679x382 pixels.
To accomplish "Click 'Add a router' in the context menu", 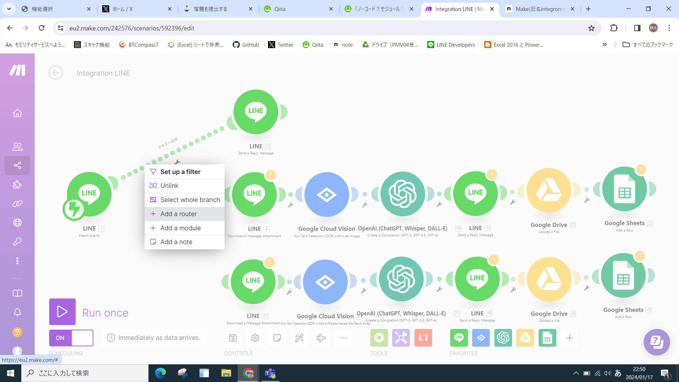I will pyautogui.click(x=179, y=214).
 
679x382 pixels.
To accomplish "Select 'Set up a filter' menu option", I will pyautogui.click(x=180, y=172).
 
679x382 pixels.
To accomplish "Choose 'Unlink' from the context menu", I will pyautogui.click(x=169, y=186).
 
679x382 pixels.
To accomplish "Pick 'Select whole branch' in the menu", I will pyautogui.click(x=190, y=200).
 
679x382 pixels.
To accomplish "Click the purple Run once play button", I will pyautogui.click(x=62, y=312).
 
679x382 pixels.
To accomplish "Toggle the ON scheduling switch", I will pyautogui.click(x=71, y=338).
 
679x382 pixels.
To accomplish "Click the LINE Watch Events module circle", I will pyautogui.click(x=89, y=194).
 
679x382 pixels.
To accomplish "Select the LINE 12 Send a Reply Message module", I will pyautogui.click(x=256, y=112).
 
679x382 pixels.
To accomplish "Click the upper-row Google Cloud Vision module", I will pyautogui.click(x=326, y=195).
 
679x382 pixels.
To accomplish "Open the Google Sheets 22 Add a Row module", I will pyautogui.click(x=624, y=189).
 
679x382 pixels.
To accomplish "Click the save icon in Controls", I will pyautogui.click(x=233, y=338).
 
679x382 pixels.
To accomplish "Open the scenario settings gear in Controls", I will pyautogui.click(x=255, y=338).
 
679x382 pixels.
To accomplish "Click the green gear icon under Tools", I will pyautogui.click(x=379, y=338).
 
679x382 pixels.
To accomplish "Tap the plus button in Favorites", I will pyautogui.click(x=569, y=338).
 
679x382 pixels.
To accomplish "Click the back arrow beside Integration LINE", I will pyautogui.click(x=56, y=73).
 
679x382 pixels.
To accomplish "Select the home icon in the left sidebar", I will pyautogui.click(x=17, y=113).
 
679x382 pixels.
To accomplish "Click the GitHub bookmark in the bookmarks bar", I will pyautogui.click(x=246, y=45).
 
